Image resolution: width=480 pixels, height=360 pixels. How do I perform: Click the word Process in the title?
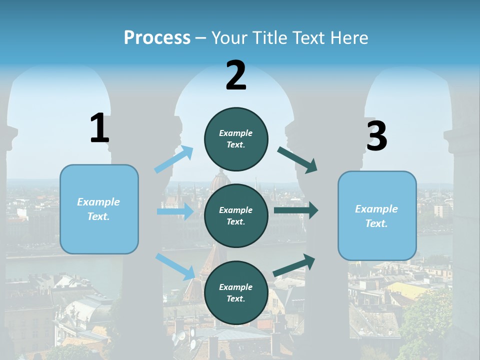tap(157, 37)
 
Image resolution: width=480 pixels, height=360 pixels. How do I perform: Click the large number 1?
tap(99, 127)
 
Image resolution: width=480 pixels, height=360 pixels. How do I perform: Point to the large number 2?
tap(236, 75)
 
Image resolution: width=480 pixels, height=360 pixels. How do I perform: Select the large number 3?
tap(377, 135)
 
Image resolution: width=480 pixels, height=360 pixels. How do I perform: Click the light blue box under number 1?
tap(99, 209)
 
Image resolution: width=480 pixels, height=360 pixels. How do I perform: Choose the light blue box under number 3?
tap(377, 216)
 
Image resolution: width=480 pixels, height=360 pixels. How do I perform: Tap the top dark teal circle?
tap(236, 139)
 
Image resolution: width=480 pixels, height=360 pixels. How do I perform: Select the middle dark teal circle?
tap(236, 216)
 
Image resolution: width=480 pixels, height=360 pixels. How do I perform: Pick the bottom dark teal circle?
tap(236, 292)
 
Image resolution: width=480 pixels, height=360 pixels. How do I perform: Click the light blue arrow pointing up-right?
tap(174, 159)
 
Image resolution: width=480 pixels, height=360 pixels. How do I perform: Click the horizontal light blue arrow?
tap(175, 211)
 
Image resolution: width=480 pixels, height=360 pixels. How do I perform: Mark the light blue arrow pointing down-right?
tap(175, 267)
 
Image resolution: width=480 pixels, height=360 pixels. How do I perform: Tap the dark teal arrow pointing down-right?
tap(297, 160)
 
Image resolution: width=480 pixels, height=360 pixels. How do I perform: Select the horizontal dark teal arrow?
tap(296, 210)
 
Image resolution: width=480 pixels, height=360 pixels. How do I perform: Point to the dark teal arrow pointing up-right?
tap(294, 265)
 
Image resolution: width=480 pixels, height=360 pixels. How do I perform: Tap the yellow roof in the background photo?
tap(407, 290)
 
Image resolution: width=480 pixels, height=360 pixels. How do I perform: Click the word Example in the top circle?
tap(235, 133)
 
